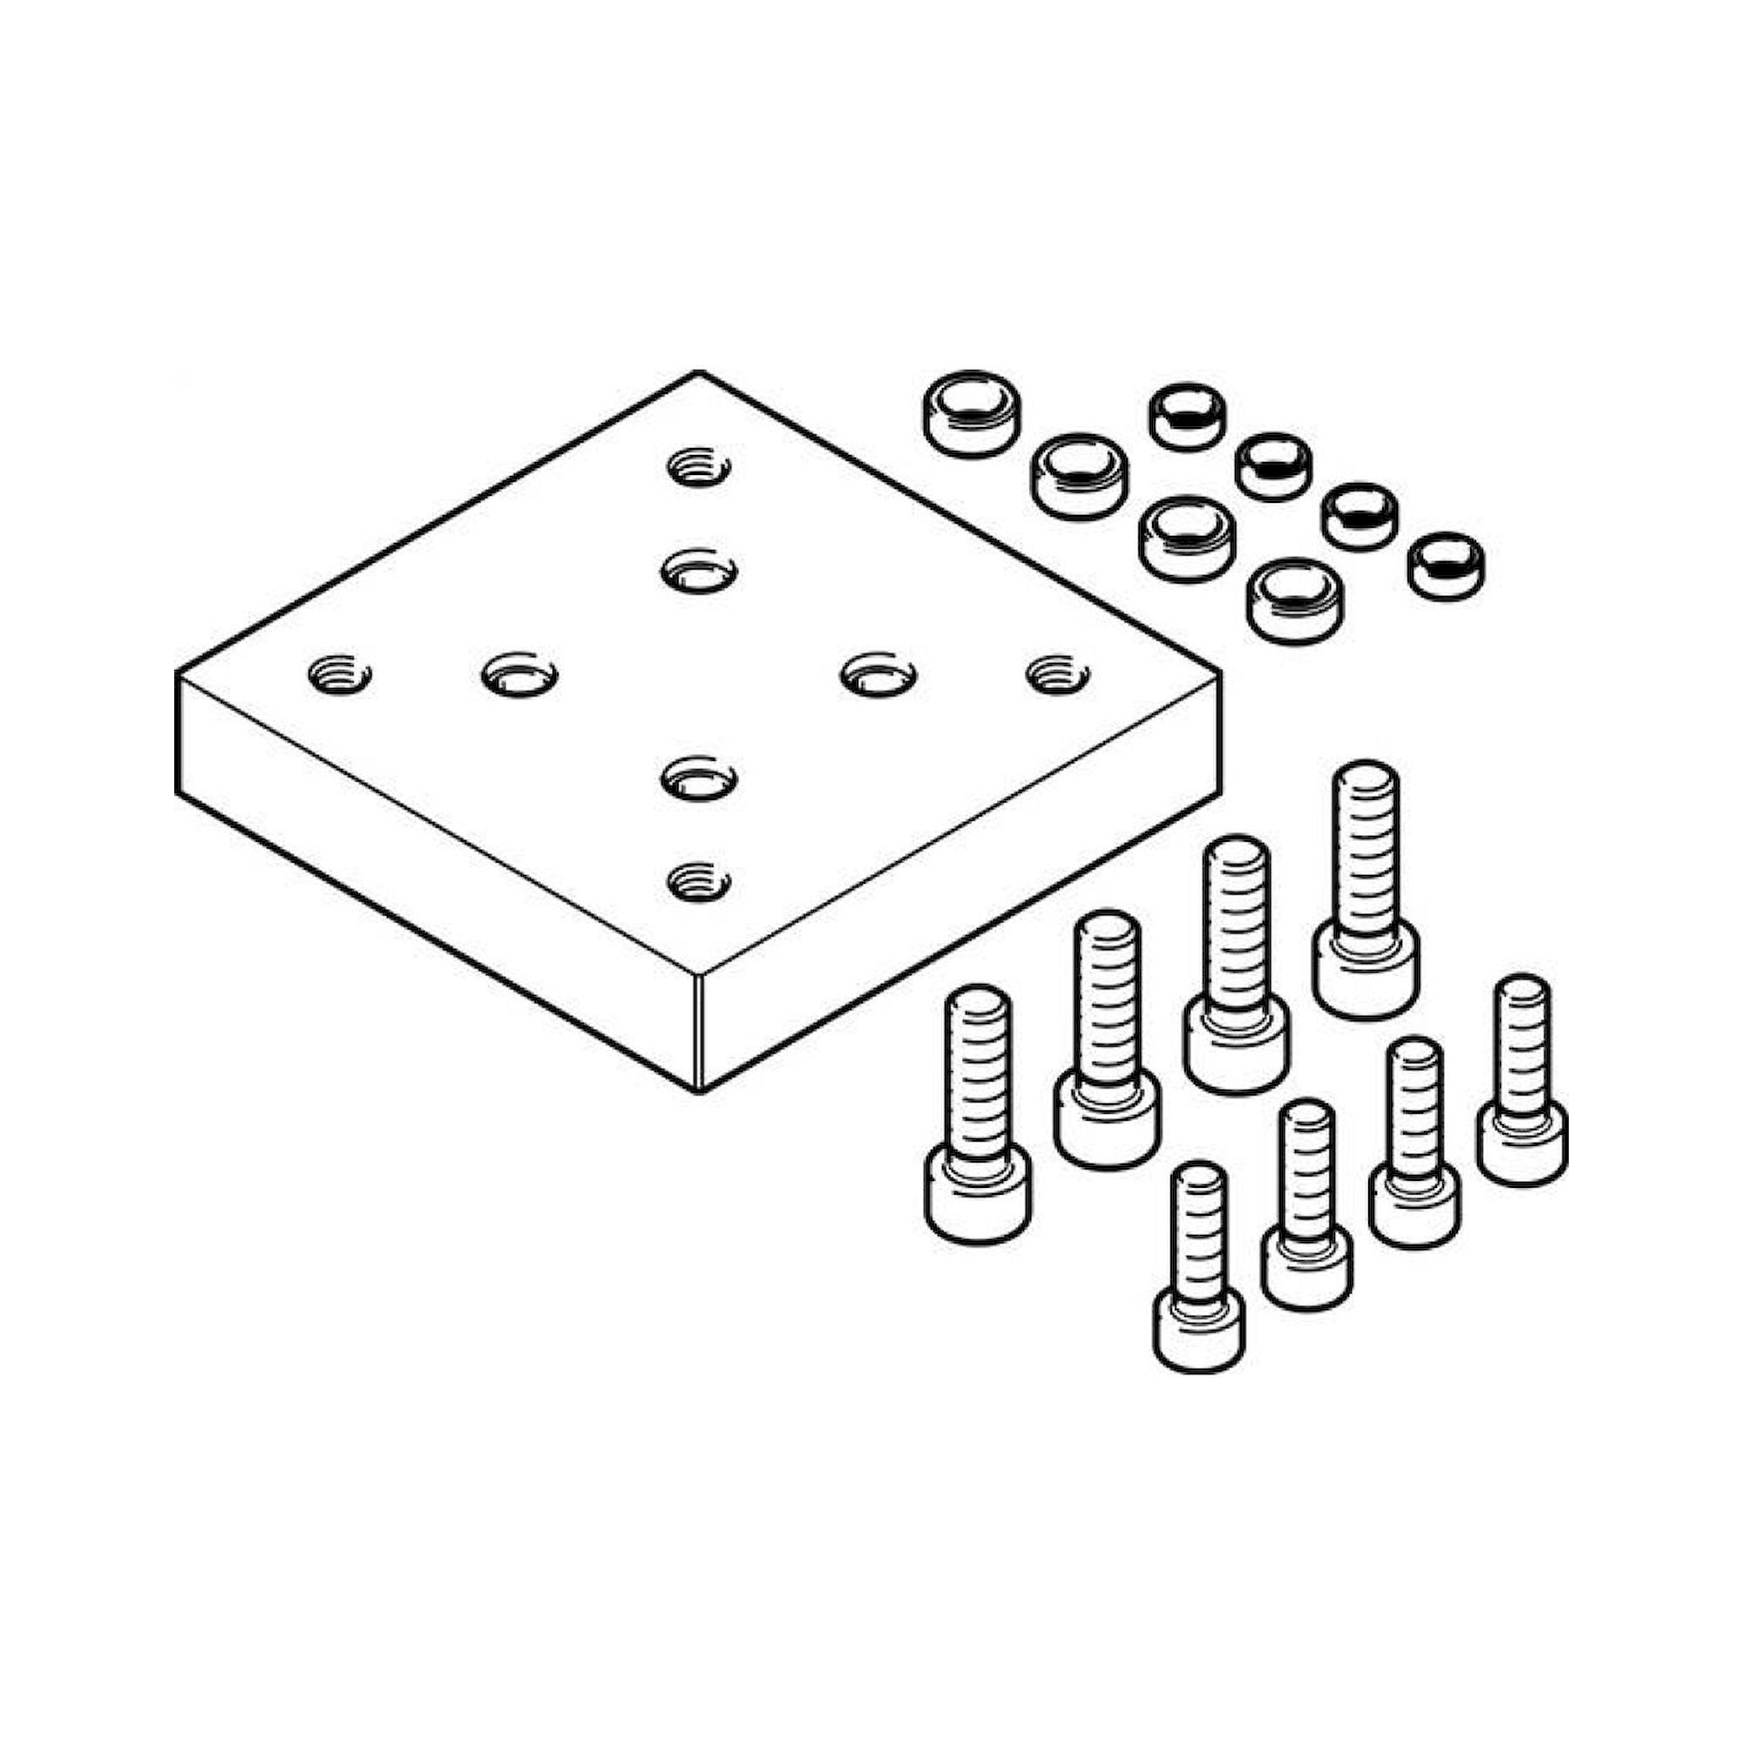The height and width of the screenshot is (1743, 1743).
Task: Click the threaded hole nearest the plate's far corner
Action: click(x=699, y=468)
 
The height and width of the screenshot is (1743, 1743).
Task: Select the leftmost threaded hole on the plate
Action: click(x=339, y=674)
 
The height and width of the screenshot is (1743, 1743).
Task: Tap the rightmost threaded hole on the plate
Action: click(x=1058, y=674)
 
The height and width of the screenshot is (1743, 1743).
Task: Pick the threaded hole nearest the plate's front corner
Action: click(x=699, y=880)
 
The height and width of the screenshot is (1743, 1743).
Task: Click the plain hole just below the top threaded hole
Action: click(x=699, y=571)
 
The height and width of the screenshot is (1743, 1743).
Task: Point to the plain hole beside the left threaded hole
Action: click(x=519, y=675)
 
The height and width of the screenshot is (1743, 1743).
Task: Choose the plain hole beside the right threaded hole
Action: click(x=878, y=675)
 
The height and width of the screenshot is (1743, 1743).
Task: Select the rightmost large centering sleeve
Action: click(x=1292, y=600)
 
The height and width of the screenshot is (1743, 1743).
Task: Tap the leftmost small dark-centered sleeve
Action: click(x=1187, y=416)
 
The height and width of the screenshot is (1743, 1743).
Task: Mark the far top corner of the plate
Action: click(x=697, y=373)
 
